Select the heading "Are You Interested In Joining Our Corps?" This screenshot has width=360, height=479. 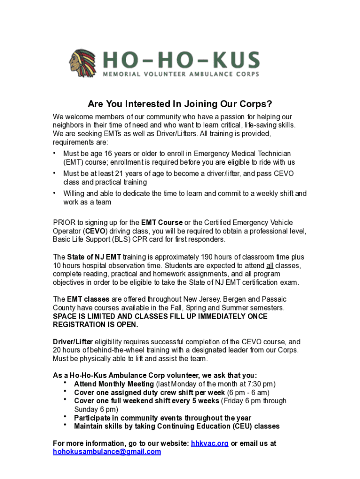tap(180, 104)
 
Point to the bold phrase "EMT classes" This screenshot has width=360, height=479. tap(88, 299)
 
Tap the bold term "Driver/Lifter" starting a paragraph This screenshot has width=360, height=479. tap(73, 342)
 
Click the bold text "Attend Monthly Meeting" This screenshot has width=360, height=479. tap(114, 384)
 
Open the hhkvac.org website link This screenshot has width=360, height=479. tap(210, 443)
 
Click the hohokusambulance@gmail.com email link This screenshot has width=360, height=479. tap(107, 452)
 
